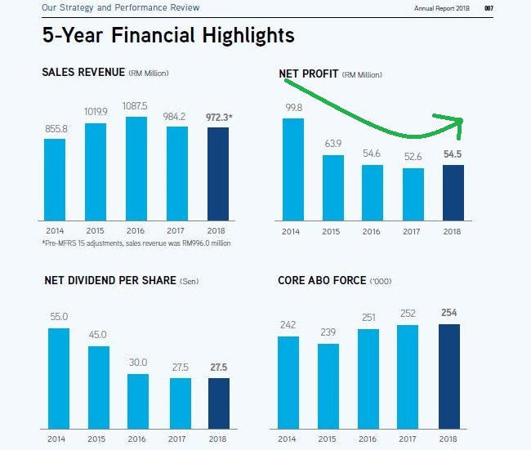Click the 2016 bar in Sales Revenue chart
coord(136,169)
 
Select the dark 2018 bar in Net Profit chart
coord(452,193)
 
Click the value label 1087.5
coord(136,106)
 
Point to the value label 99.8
coord(293,108)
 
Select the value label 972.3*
coord(220,117)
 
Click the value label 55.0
coord(59,317)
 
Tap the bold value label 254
coord(448,313)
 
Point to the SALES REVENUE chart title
coord(83,73)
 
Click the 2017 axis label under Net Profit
coord(413,232)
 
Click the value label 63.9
coord(333,144)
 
